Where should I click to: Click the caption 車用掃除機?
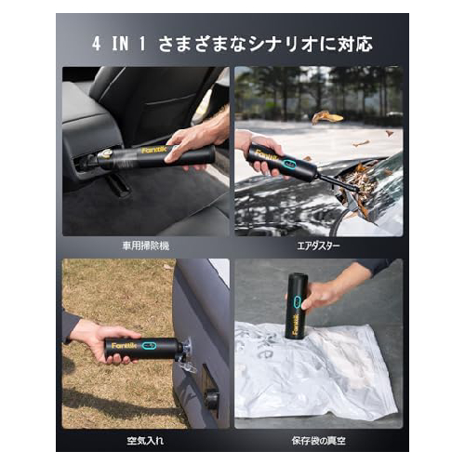point(146,246)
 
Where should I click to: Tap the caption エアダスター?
point(318,246)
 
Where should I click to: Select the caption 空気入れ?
point(145,441)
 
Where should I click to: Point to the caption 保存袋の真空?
point(318,441)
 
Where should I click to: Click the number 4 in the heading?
point(97,44)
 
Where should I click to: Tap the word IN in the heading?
point(120,44)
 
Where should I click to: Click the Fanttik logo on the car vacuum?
point(154,150)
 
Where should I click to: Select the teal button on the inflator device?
point(149,345)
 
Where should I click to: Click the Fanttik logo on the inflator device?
point(124,345)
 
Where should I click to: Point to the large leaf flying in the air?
point(327,117)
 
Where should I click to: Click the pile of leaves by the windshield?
point(361,183)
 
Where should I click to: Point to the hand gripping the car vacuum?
point(195,142)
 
